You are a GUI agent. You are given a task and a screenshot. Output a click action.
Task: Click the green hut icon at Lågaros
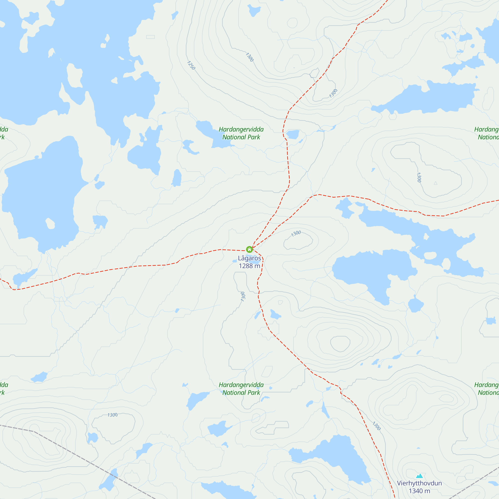pyautogui.click(x=249, y=249)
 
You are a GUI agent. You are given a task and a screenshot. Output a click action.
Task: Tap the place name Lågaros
pyautogui.click(x=249, y=258)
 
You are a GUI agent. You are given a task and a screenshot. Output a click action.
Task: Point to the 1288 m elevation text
pyautogui.click(x=249, y=266)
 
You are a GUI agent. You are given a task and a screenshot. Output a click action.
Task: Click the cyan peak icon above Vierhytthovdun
pyautogui.click(x=419, y=476)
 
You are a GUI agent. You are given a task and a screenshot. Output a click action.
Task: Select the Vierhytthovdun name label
pyautogui.click(x=419, y=483)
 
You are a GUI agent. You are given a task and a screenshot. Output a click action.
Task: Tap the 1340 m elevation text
pyautogui.click(x=419, y=491)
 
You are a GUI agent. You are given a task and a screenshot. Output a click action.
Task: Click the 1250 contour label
pyautogui.click(x=191, y=65)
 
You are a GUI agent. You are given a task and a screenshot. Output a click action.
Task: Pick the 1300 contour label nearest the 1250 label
pyautogui.click(x=249, y=57)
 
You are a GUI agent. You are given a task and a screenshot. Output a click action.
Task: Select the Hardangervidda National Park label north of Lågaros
pyautogui.click(x=241, y=133)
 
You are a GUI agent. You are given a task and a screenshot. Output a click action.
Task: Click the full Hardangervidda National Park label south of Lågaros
pyautogui.click(x=241, y=389)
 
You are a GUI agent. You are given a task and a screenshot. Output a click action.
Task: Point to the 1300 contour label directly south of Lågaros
pyautogui.click(x=243, y=296)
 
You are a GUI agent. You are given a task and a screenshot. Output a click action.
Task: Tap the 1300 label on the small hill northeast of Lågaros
pyautogui.click(x=296, y=234)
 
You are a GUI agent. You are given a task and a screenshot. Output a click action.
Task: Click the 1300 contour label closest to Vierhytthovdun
pyautogui.click(x=376, y=426)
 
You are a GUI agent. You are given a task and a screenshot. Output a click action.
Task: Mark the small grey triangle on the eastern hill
pyautogui.click(x=435, y=183)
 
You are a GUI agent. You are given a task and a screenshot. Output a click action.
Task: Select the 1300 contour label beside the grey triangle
pyautogui.click(x=419, y=177)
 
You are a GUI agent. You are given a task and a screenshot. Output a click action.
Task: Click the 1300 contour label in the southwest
pyautogui.click(x=112, y=415)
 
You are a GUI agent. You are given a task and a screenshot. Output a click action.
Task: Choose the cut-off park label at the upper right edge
pyautogui.click(x=487, y=133)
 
